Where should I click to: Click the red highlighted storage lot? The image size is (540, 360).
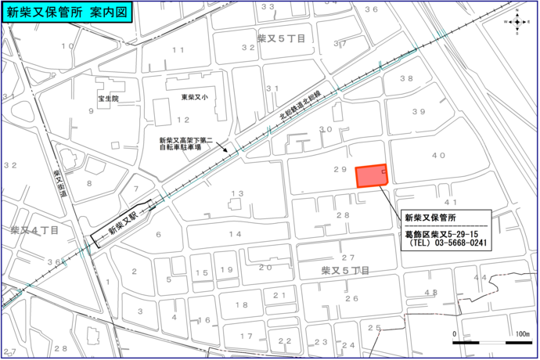(371, 176)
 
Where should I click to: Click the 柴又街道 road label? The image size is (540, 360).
(59, 185)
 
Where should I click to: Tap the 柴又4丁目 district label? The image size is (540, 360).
(34, 230)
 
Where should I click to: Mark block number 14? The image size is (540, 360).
(236, 234)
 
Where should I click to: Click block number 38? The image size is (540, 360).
(406, 78)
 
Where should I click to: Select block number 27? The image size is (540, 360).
(348, 257)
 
